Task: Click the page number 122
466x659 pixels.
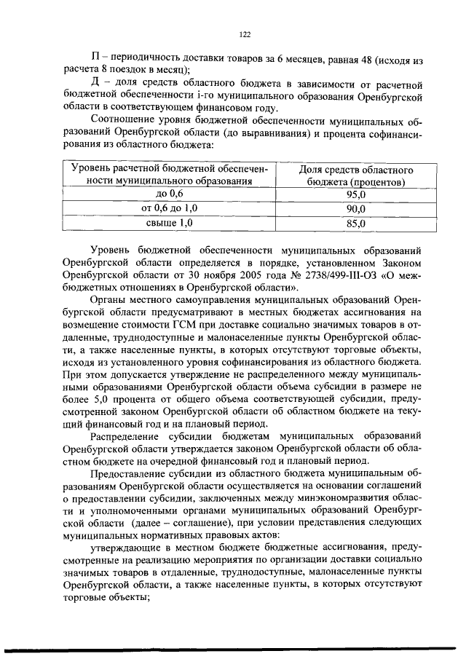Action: point(245,34)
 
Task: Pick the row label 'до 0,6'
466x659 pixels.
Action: point(171,194)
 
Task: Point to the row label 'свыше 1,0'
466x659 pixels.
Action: point(171,224)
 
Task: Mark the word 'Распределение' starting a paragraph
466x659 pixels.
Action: point(126,437)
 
